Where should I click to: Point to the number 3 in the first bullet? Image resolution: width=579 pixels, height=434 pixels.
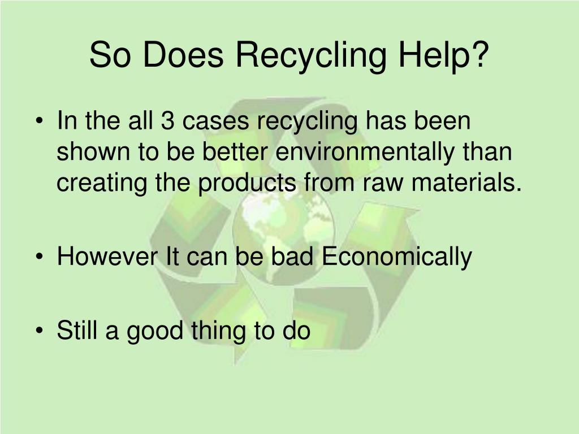point(168,121)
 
